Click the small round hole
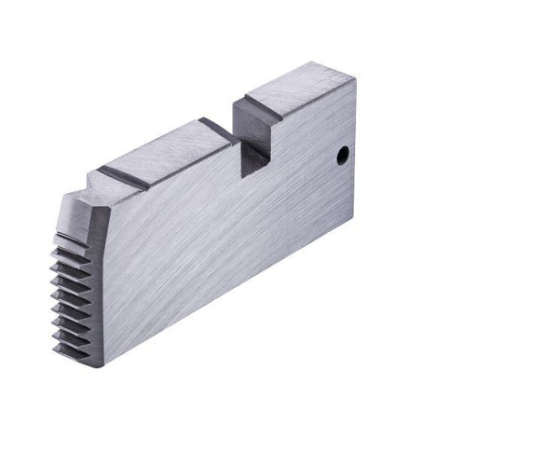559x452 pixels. pos(342,153)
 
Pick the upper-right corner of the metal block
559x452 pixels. pos(355,79)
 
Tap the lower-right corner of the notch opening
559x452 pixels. pos(269,164)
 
